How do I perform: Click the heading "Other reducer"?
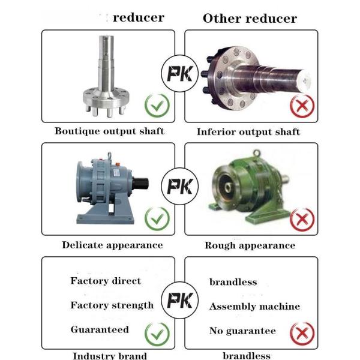pos(250,18)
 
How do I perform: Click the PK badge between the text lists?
pos(179,299)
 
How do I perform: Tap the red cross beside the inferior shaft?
pos(302,107)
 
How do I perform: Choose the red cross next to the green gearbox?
pos(302,219)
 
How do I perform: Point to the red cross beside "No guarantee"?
pos(302,332)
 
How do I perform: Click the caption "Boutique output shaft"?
pos(109,130)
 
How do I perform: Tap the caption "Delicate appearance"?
pos(112,245)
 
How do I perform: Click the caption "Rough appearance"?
pos(250,245)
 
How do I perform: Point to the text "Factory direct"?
pos(106,281)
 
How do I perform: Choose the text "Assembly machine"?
pos(254,307)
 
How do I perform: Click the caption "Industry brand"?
pos(110,356)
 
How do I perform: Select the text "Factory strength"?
pos(112,305)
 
